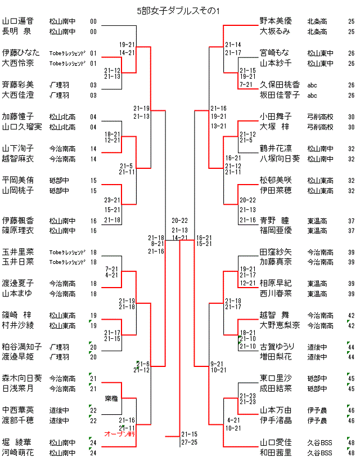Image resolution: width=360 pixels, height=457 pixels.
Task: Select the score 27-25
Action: pyautogui.click(x=189, y=442)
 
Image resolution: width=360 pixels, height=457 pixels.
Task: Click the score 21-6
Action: pyautogui.click(x=143, y=364)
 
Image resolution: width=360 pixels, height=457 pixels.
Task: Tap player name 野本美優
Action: pyautogui.click(x=275, y=21)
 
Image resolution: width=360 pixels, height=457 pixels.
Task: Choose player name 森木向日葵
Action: pyautogui.click(x=21, y=378)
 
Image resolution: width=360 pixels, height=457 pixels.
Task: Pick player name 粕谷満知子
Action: pyautogui.click(x=21, y=347)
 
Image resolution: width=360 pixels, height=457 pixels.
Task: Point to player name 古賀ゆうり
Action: pyautogui.click(x=275, y=347)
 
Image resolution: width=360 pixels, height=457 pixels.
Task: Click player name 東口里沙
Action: pyautogui.click(x=275, y=378)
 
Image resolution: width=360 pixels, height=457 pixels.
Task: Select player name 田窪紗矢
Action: pyautogui.click(x=275, y=252)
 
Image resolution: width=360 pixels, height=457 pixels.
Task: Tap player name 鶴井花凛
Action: pyautogui.click(x=275, y=149)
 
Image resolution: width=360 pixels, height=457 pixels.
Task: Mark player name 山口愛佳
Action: pyautogui.click(x=275, y=442)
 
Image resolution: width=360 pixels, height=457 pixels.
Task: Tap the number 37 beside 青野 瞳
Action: pyautogui.click(x=351, y=220)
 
